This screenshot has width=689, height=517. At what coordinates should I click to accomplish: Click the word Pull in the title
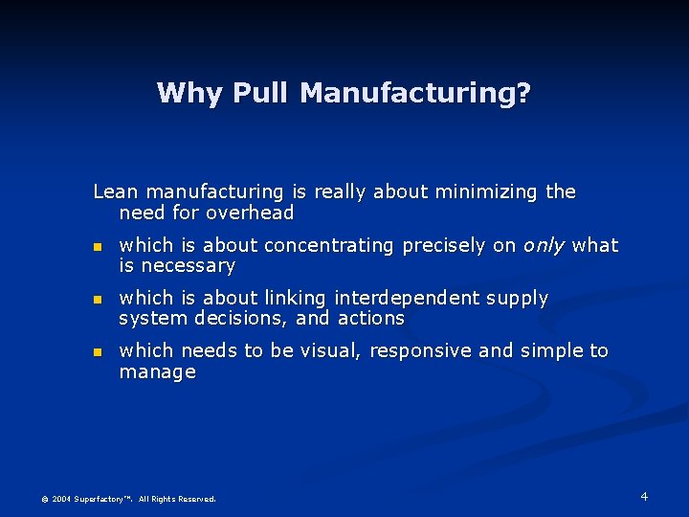tap(261, 93)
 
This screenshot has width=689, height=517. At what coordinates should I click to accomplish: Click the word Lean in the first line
tap(115, 191)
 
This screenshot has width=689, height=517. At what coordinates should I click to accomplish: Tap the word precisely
tap(444, 245)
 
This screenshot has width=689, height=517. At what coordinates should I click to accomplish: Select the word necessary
tap(189, 266)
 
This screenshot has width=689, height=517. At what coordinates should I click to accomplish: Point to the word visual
tap(329, 350)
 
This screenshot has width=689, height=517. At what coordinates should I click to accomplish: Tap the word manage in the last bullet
tap(157, 371)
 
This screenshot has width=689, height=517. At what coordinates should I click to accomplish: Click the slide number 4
tap(644, 496)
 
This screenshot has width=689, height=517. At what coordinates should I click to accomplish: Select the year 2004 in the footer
tap(61, 499)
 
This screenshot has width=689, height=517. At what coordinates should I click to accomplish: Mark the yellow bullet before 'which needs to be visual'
tap(97, 352)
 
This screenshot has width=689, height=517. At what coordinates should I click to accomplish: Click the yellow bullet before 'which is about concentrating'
tap(97, 247)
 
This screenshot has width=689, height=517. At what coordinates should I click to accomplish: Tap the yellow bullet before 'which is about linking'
tap(97, 300)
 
